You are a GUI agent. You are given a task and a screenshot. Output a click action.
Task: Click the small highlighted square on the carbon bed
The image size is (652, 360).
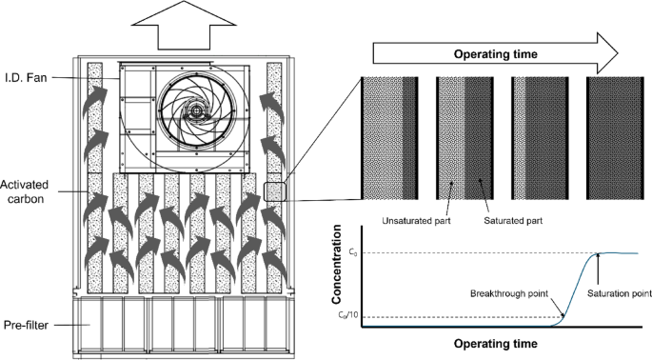pyautogui.click(x=273, y=190)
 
